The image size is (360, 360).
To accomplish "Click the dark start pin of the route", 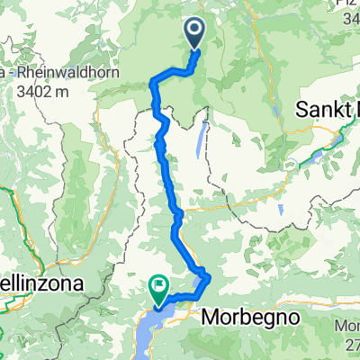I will point(195,34).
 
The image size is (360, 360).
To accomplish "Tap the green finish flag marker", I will point(158,287).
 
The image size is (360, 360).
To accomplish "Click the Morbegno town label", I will point(249,317).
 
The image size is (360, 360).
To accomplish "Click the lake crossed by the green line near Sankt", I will point(319,154).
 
